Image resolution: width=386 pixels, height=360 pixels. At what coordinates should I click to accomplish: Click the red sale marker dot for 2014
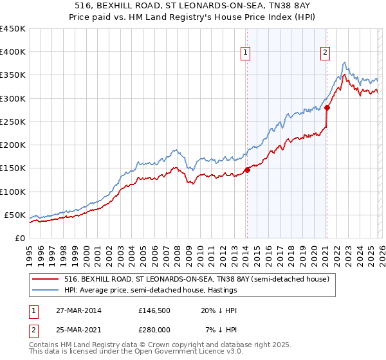[x=247, y=170]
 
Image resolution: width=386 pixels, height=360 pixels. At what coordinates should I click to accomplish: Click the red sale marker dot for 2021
[x=327, y=107]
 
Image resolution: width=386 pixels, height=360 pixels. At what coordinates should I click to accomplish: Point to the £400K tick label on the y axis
[x=13, y=52]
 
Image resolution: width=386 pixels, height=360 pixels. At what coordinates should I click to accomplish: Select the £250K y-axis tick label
[x=13, y=122]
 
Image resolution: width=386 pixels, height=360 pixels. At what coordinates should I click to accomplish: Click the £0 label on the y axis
[x=19, y=238]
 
